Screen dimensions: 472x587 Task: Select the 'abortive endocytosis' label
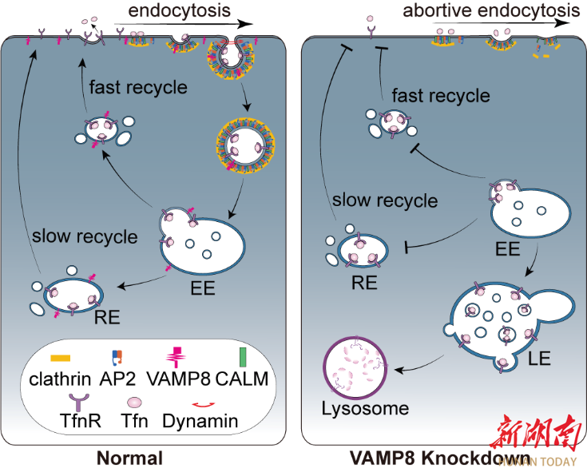click(491, 10)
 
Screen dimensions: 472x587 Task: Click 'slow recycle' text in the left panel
click(85, 237)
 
